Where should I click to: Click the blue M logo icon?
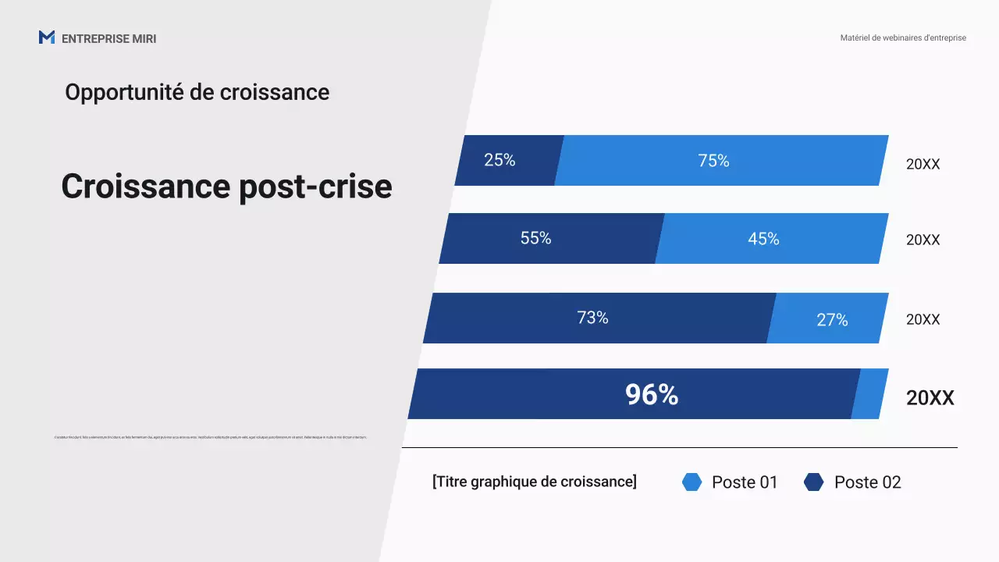click(x=47, y=37)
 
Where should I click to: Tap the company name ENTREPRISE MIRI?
click(x=108, y=39)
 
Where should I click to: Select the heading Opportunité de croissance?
click(x=197, y=92)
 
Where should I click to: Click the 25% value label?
click(x=499, y=160)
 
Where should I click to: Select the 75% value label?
click(x=713, y=161)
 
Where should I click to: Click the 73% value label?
click(x=592, y=318)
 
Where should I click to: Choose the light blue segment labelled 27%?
click(x=832, y=319)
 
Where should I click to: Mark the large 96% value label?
click(x=652, y=395)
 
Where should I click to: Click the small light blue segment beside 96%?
click(x=869, y=394)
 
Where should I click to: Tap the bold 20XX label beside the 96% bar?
click(x=930, y=398)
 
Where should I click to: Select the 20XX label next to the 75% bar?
click(x=923, y=165)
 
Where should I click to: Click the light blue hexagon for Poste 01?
click(x=691, y=482)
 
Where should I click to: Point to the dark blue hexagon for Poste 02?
click(x=813, y=482)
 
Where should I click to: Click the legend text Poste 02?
click(x=867, y=482)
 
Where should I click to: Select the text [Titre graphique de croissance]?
click(x=534, y=482)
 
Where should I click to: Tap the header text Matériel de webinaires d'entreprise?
click(x=903, y=37)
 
